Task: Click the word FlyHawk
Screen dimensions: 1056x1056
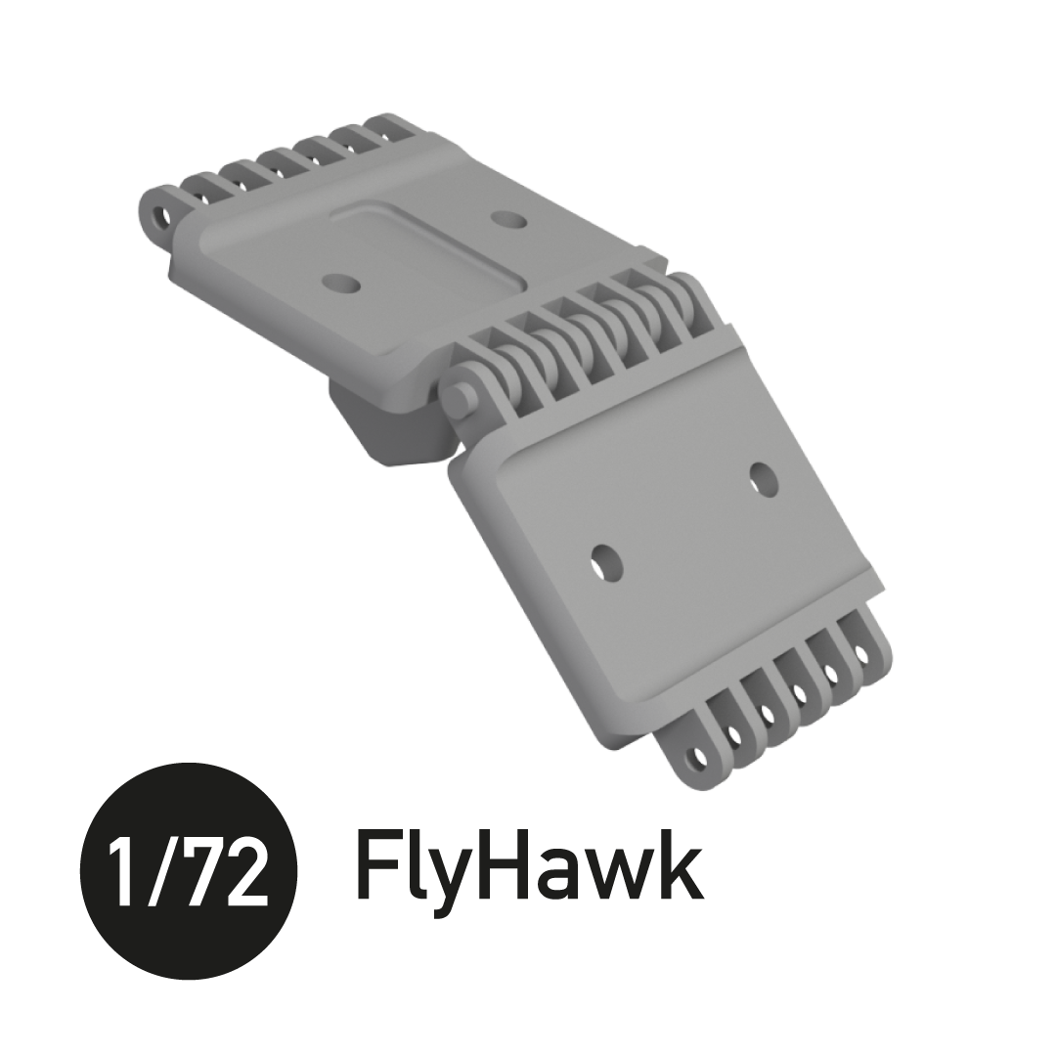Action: pos(529,866)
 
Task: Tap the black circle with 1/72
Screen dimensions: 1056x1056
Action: pos(189,871)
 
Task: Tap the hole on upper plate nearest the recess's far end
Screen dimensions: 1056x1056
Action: pos(507,220)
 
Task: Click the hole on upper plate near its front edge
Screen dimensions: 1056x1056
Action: pos(340,284)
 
